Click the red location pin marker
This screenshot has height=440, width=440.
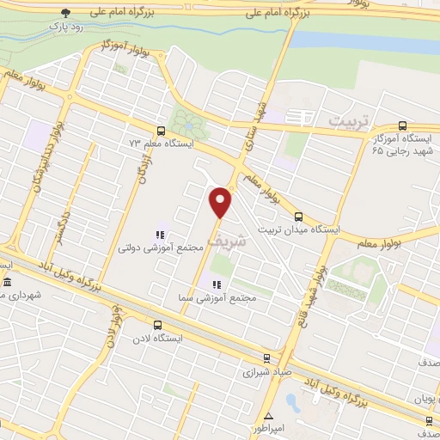click(222, 203)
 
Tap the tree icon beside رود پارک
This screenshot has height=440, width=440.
click(67, 12)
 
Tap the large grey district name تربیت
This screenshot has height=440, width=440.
click(353, 122)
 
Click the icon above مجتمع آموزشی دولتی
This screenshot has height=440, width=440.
click(160, 234)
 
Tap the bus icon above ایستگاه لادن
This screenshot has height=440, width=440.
click(156, 325)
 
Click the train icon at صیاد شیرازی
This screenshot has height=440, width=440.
click(266, 358)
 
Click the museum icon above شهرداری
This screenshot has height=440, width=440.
click(7, 283)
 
